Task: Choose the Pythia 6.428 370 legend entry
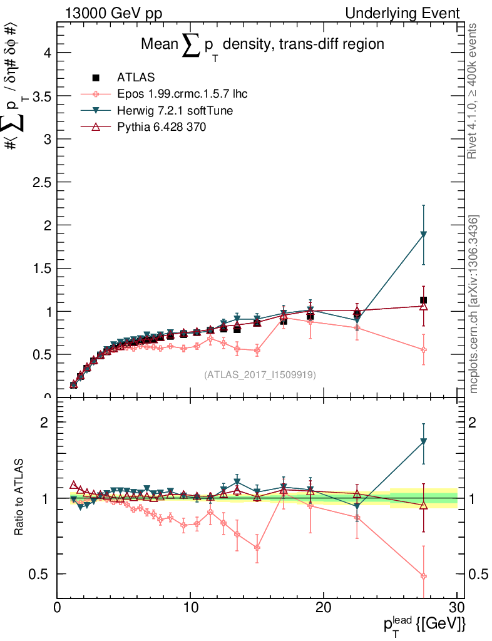161,126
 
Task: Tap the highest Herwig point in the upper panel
424,235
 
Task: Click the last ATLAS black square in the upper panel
424,300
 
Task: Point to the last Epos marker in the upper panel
424,350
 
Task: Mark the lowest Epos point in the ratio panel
424,576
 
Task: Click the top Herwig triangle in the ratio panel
424,441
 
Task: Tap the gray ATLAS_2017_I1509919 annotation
260,374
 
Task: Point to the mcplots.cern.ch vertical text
474,304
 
